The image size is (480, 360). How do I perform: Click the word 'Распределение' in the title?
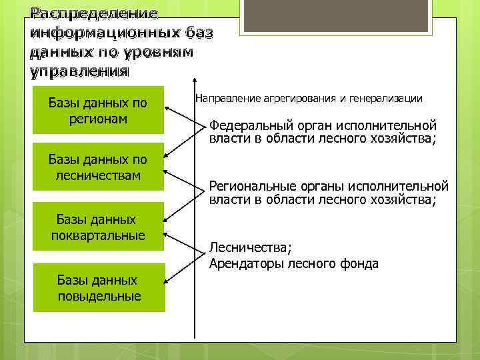[x=85, y=13]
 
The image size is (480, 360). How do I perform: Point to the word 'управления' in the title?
[x=79, y=71]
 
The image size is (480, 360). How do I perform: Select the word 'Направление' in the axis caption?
[x=224, y=99]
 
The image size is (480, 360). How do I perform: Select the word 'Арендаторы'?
[x=246, y=263]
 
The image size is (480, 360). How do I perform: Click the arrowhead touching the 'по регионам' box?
[x=167, y=95]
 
